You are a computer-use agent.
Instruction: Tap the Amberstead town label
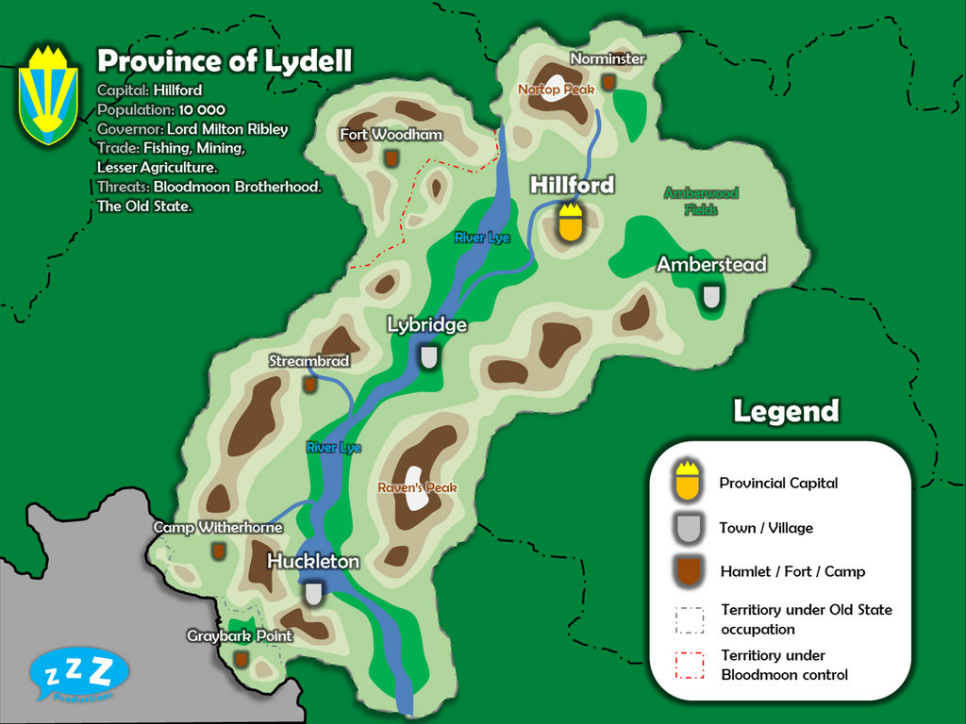point(711,264)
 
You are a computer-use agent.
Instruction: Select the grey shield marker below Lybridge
point(429,356)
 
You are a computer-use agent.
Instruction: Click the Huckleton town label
point(313,562)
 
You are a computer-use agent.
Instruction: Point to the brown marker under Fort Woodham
point(391,158)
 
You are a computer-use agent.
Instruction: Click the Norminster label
point(608,58)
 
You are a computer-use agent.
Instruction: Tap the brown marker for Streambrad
point(308,384)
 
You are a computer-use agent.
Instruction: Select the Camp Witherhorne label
point(218,528)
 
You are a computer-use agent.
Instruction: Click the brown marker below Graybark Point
point(241,658)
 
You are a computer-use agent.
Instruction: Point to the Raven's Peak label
point(417,487)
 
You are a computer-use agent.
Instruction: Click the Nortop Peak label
point(556,90)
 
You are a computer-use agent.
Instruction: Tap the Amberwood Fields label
point(701,201)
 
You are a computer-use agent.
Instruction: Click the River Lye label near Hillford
point(482,238)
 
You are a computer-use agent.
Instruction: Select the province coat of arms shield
point(48,95)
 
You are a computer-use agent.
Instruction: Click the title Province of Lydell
point(225,61)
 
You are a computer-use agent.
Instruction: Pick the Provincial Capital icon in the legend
point(689,482)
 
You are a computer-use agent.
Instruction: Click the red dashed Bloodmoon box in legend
point(690,665)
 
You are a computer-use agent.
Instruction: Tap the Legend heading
point(786,411)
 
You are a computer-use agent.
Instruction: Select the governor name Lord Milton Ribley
point(227,129)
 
